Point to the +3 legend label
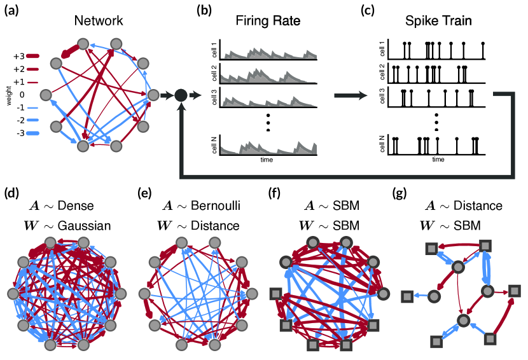pyautogui.click(x=18, y=57)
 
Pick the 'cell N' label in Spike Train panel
pyautogui.click(x=382, y=145)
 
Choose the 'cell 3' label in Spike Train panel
pyautogui.click(x=382, y=97)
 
